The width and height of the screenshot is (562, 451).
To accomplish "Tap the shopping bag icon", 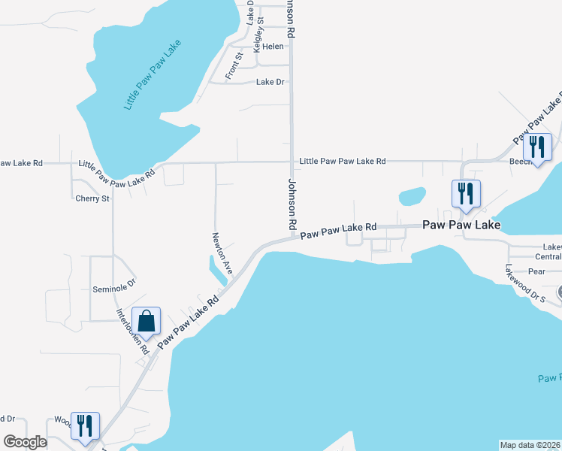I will pos(147,320).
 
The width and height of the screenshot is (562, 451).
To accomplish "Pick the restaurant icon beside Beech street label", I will pos(537,147).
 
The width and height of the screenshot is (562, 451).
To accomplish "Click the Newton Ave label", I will pos(222,253).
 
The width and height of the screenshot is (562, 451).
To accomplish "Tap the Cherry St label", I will pos(92,198).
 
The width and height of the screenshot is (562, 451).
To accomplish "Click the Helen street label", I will pos(273,47).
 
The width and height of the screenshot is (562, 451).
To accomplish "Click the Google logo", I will pos(25,442).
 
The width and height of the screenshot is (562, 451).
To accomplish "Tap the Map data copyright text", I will pos(530,445).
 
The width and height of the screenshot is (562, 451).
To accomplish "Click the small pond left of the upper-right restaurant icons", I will pos(412,196).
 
